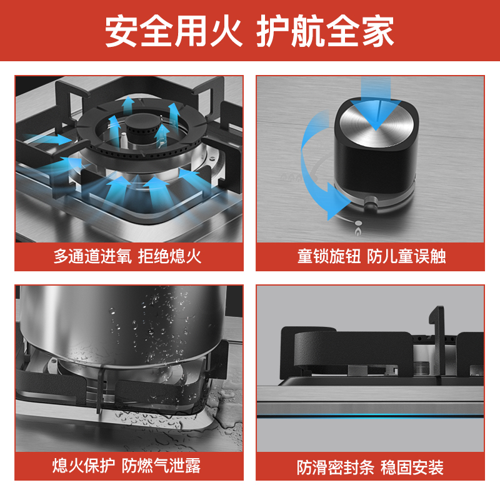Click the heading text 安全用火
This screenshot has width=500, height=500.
pyautogui.click(x=174, y=31)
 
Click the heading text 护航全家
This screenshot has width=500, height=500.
pyautogui.click(x=325, y=31)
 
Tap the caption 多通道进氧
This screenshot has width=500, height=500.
pyautogui.click(x=92, y=256)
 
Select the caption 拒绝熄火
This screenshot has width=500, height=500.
pyautogui.click(x=169, y=256)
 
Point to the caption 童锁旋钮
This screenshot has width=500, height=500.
pyautogui.click(x=329, y=256)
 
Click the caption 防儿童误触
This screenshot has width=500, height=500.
pyautogui.click(x=406, y=256)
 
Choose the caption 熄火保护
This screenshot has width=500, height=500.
pyautogui.click(x=84, y=466)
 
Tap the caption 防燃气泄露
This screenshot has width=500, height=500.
pyautogui.click(x=161, y=466)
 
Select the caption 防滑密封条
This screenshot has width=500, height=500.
pyautogui.click(x=336, y=467)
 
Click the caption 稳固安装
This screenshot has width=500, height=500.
pyautogui.click(x=412, y=467)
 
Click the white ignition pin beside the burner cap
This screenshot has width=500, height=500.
pyautogui.click(x=124, y=139)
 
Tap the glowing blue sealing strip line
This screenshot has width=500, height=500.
pyautogui.click(x=371, y=416)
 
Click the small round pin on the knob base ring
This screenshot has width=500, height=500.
pyautogui.click(x=371, y=202)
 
